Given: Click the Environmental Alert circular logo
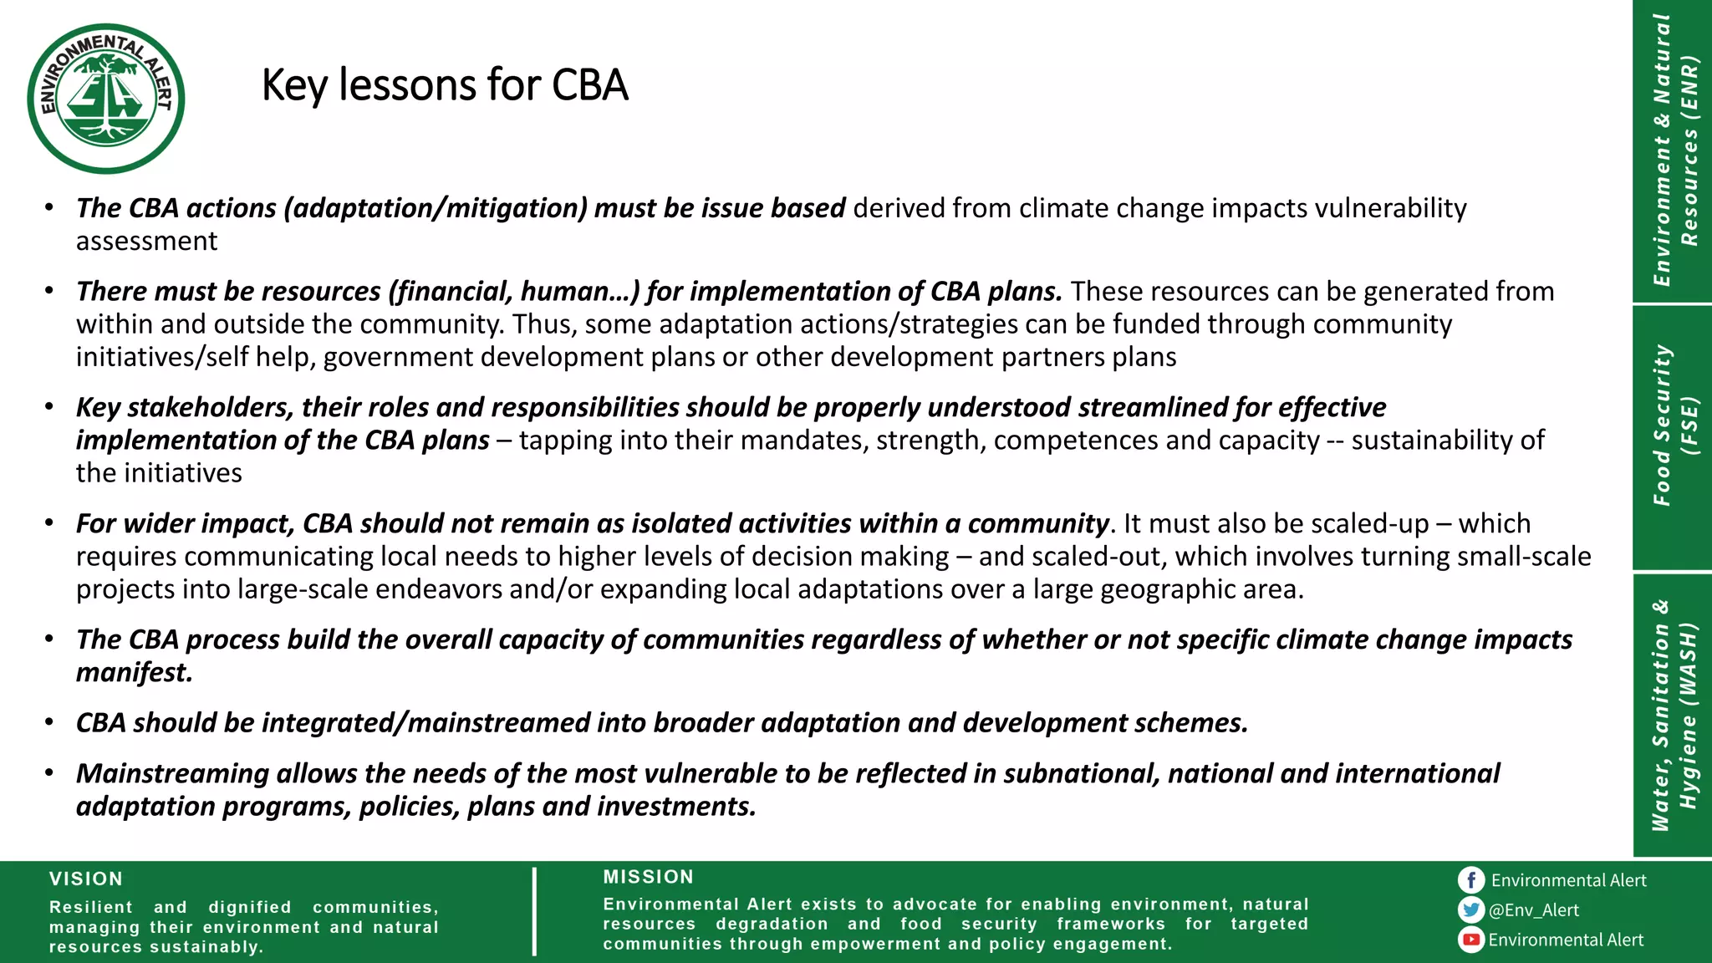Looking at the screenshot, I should [x=106, y=99].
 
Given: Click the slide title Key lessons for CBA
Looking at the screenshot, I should [x=444, y=85].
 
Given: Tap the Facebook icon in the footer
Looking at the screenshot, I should [x=1471, y=879].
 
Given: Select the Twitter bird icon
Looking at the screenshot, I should [x=1471, y=909].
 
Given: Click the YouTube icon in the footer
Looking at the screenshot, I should [x=1471, y=940].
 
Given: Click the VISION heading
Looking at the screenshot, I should [x=86, y=879].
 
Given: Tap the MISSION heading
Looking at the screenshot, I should [x=649, y=877].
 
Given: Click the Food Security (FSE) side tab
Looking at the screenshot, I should [x=1673, y=426].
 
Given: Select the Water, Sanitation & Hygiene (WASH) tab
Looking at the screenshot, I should [x=1673, y=715].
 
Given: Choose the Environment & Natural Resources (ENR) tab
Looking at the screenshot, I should [x=1673, y=150].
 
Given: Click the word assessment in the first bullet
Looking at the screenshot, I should [x=146, y=242].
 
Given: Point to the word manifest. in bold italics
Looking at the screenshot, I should [x=135, y=672].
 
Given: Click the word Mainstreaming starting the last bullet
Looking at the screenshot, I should [x=172, y=773].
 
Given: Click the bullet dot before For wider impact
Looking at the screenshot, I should [x=49, y=523].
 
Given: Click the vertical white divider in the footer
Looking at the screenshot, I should [x=534, y=911].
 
